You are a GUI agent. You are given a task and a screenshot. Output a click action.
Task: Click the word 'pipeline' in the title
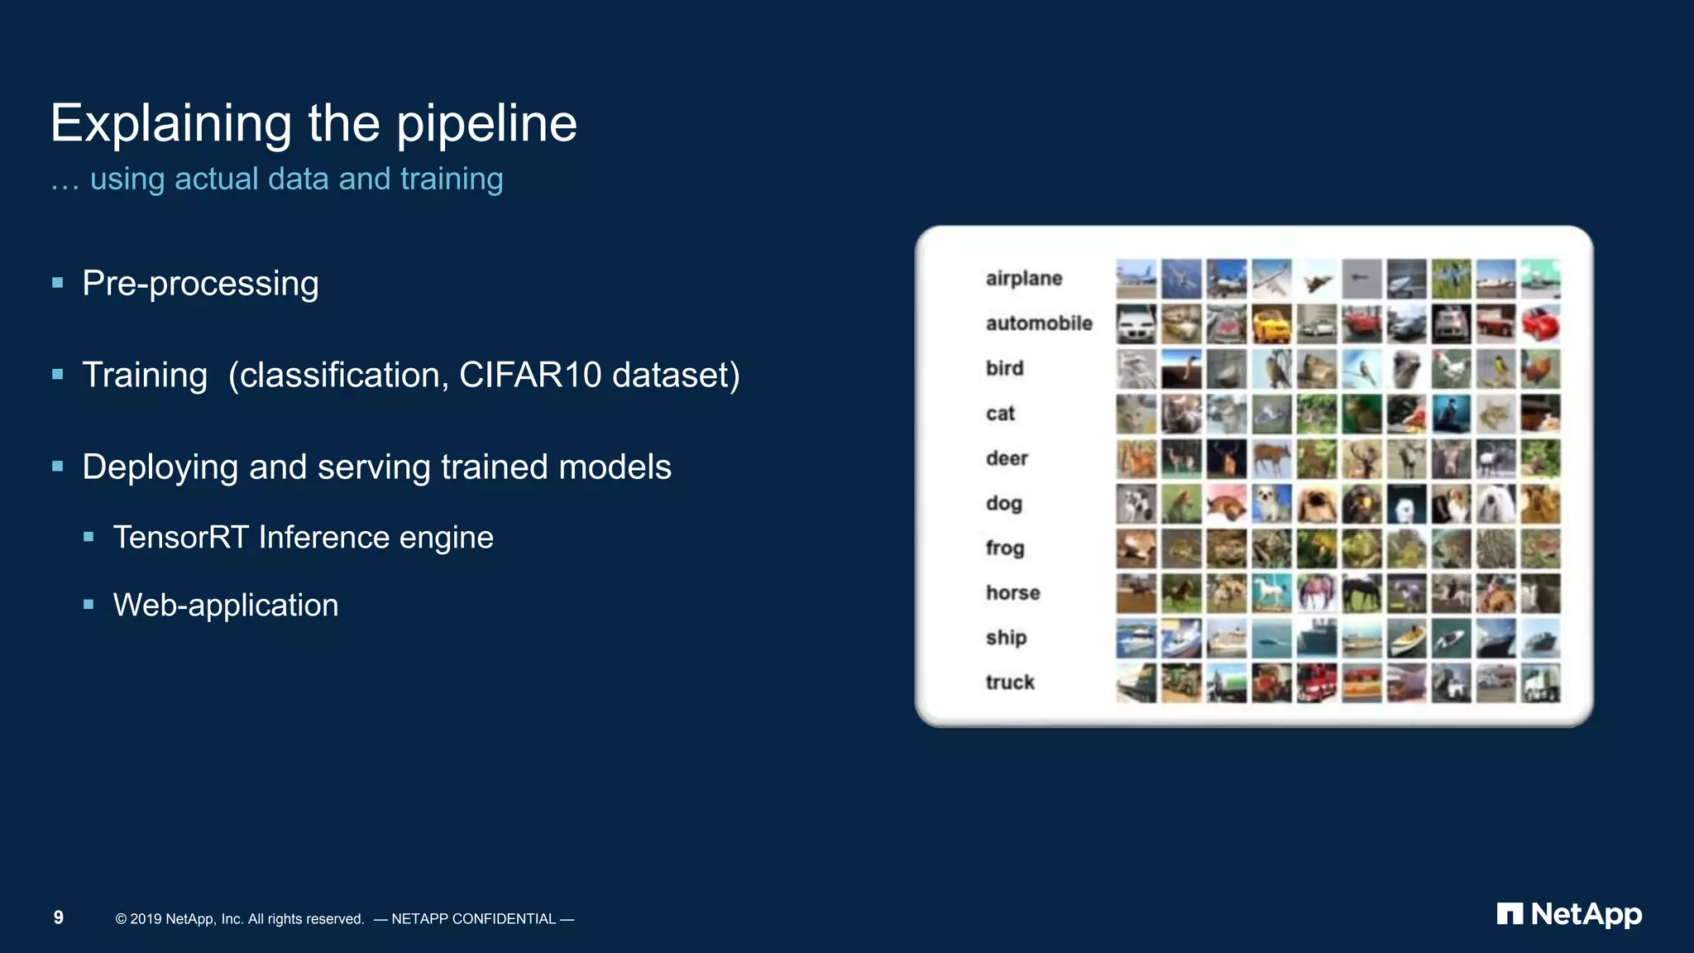pos(486,124)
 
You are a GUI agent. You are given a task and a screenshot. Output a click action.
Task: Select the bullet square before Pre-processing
pos(58,283)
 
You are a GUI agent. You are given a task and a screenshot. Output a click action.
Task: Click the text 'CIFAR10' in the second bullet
pos(529,375)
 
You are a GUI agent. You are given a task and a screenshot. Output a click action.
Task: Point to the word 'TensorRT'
pos(180,538)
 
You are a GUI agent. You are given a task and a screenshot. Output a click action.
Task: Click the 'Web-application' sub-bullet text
pos(225,606)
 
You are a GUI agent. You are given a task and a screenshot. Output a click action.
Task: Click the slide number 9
pos(59,917)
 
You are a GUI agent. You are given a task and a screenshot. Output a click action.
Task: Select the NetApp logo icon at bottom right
pos(1509,914)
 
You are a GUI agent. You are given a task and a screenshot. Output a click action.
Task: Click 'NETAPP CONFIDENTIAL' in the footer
pos(473,919)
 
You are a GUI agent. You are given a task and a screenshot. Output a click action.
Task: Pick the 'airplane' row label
pos(1023,279)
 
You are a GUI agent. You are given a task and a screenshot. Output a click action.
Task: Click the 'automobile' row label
pos(1038,323)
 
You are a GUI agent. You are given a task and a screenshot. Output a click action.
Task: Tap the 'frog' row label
pos(1004,548)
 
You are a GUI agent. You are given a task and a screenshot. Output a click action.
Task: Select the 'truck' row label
pos(1009,682)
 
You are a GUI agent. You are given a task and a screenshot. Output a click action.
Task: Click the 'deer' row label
pos(1006,458)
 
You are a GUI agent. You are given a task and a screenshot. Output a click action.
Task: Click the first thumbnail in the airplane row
pos(1136,279)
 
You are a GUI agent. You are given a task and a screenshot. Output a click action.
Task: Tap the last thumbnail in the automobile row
pos(1540,323)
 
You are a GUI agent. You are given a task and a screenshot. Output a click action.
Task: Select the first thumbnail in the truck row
pos(1136,682)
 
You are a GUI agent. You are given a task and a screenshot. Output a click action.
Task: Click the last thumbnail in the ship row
pos(1540,638)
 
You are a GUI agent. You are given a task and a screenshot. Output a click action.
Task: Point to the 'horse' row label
pos(1012,593)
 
